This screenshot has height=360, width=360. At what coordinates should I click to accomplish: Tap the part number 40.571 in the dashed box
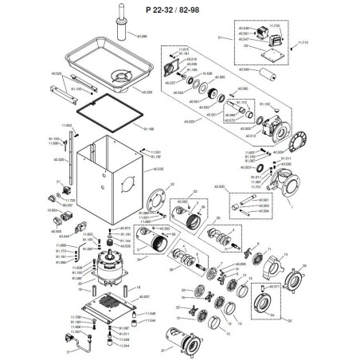click(272, 285)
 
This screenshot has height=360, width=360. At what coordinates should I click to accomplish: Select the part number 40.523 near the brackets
click(56, 74)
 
